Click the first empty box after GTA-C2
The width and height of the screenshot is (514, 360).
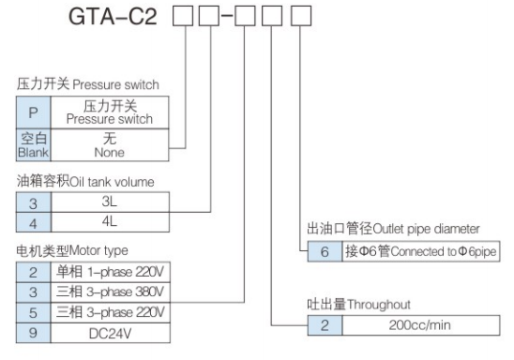click(x=183, y=18)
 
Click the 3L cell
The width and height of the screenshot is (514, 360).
click(x=110, y=201)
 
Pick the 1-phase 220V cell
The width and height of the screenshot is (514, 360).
click(x=110, y=270)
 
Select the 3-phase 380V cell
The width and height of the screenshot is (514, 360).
click(x=110, y=291)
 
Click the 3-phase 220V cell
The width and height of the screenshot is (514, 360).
click(x=110, y=311)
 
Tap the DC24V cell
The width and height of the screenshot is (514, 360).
click(x=110, y=332)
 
